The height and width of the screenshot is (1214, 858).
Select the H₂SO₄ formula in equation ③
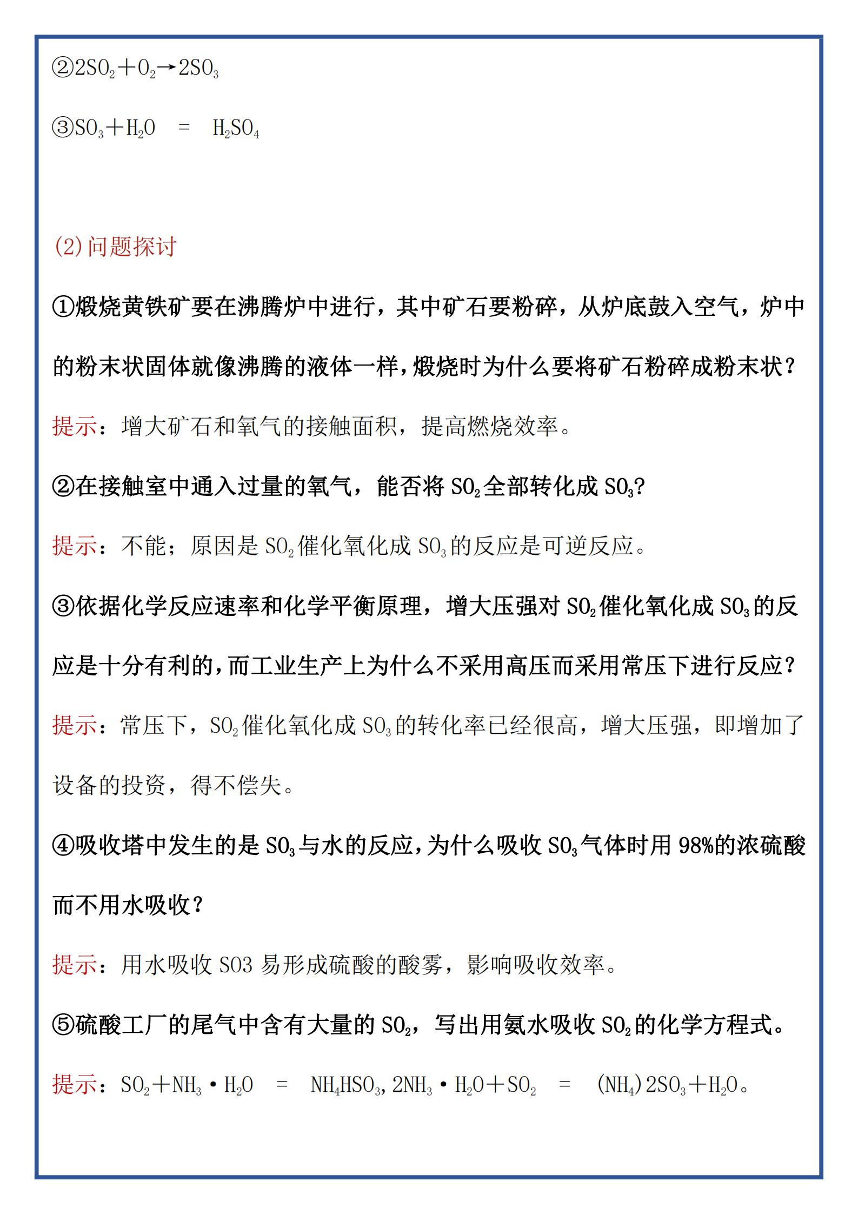(x=236, y=129)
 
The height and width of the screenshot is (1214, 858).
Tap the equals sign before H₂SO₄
(x=184, y=129)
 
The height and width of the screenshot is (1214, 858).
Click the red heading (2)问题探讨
(x=115, y=247)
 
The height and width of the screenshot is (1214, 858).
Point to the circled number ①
(x=63, y=307)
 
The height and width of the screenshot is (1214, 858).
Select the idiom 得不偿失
(x=237, y=786)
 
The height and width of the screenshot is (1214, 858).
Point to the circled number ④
(x=63, y=846)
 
